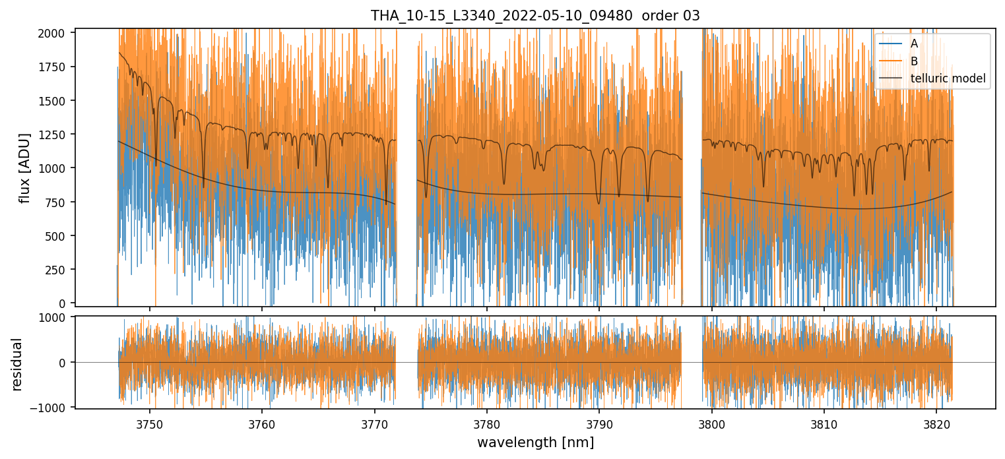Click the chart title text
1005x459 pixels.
point(535,16)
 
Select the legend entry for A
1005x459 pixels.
point(913,44)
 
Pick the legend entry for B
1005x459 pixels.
point(913,61)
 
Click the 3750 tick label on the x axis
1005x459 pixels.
point(149,423)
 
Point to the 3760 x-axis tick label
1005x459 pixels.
point(262,423)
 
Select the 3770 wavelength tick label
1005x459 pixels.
point(375,423)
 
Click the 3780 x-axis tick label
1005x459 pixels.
point(486,423)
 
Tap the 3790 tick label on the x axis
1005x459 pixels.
point(599,423)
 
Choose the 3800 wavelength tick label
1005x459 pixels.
point(712,423)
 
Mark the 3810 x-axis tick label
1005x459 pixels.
point(824,423)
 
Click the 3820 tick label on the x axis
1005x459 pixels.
point(937,423)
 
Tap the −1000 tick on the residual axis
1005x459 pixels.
point(53,408)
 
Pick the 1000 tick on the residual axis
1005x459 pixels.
point(57,317)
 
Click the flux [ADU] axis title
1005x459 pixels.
point(25,168)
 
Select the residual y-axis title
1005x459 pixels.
point(17,363)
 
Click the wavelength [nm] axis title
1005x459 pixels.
point(535,443)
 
